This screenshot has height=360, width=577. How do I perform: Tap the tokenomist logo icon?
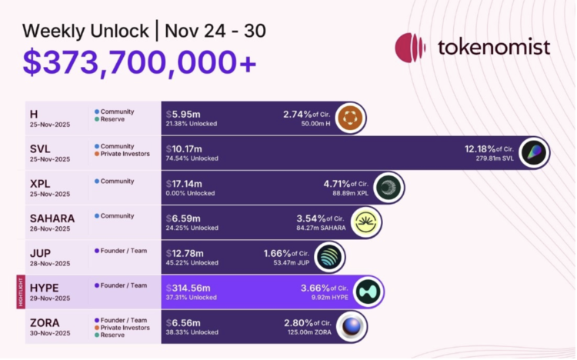[410, 48]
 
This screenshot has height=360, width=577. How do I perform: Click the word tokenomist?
[493, 47]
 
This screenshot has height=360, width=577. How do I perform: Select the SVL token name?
[42, 148]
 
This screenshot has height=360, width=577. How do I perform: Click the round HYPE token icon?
[369, 292]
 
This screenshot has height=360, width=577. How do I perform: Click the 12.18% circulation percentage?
[482, 148]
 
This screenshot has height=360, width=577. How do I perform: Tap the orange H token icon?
[351, 118]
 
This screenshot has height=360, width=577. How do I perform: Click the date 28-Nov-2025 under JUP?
[50, 263]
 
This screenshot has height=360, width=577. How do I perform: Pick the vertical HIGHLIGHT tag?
[21, 292]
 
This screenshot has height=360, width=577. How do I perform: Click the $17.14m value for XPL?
[185, 184]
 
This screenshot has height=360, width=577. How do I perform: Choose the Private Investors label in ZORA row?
[124, 328]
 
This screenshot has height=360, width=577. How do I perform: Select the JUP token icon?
[329, 257]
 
